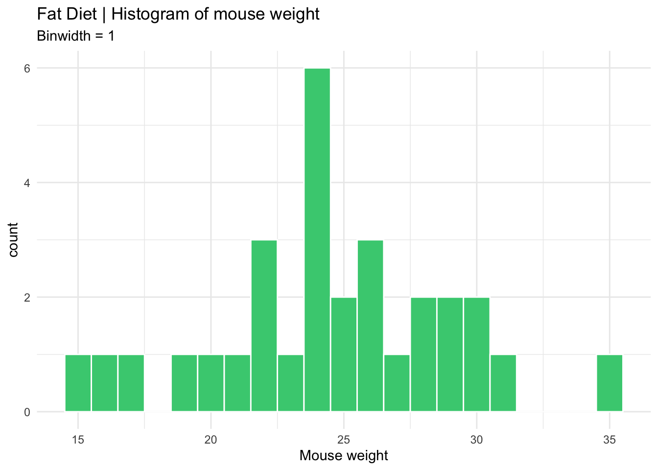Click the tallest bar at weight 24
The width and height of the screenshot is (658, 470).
317,240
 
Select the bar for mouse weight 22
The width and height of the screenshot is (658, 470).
264,326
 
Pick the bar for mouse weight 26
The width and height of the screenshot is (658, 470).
370,326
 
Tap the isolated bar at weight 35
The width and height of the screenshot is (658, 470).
610,383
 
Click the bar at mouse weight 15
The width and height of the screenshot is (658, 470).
78,383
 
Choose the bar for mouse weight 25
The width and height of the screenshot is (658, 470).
344,354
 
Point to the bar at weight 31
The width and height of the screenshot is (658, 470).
503,383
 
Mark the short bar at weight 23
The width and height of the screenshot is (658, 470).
290,383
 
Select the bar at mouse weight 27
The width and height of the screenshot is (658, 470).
397,383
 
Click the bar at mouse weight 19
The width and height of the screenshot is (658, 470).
184,383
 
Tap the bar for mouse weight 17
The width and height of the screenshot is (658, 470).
131,383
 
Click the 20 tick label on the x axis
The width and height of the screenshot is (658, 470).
211,439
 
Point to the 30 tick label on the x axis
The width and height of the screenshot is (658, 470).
476,439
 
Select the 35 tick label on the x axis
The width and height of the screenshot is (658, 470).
610,439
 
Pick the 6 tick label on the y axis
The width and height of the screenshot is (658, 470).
27,69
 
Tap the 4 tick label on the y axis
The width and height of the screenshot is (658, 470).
27,183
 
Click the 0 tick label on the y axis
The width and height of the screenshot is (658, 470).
27,412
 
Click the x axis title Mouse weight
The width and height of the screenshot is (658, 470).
344,456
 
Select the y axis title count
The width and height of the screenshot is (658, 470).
13,239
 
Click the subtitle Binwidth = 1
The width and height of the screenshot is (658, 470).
76,36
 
